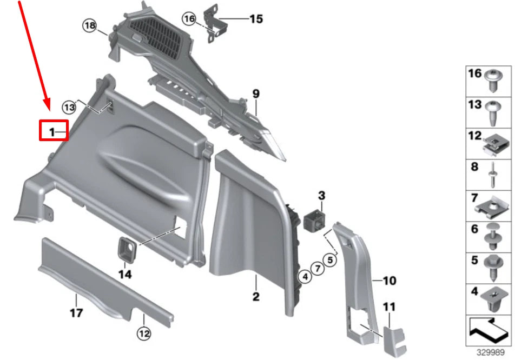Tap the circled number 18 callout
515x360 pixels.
tap(90, 25)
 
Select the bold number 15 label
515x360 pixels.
tap(255, 19)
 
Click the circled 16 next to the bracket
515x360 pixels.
tap(189, 18)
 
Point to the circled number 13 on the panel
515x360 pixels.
tap(68, 107)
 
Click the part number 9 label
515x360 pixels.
tap(256, 94)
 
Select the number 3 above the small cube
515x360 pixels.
tap(321, 195)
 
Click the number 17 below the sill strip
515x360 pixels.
tap(76, 312)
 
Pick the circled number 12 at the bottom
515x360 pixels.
tap(143, 334)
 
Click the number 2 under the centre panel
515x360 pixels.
tap(255, 296)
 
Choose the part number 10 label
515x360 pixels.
tap(389, 281)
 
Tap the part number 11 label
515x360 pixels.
tap(389, 308)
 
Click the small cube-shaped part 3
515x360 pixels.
tap(314, 219)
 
